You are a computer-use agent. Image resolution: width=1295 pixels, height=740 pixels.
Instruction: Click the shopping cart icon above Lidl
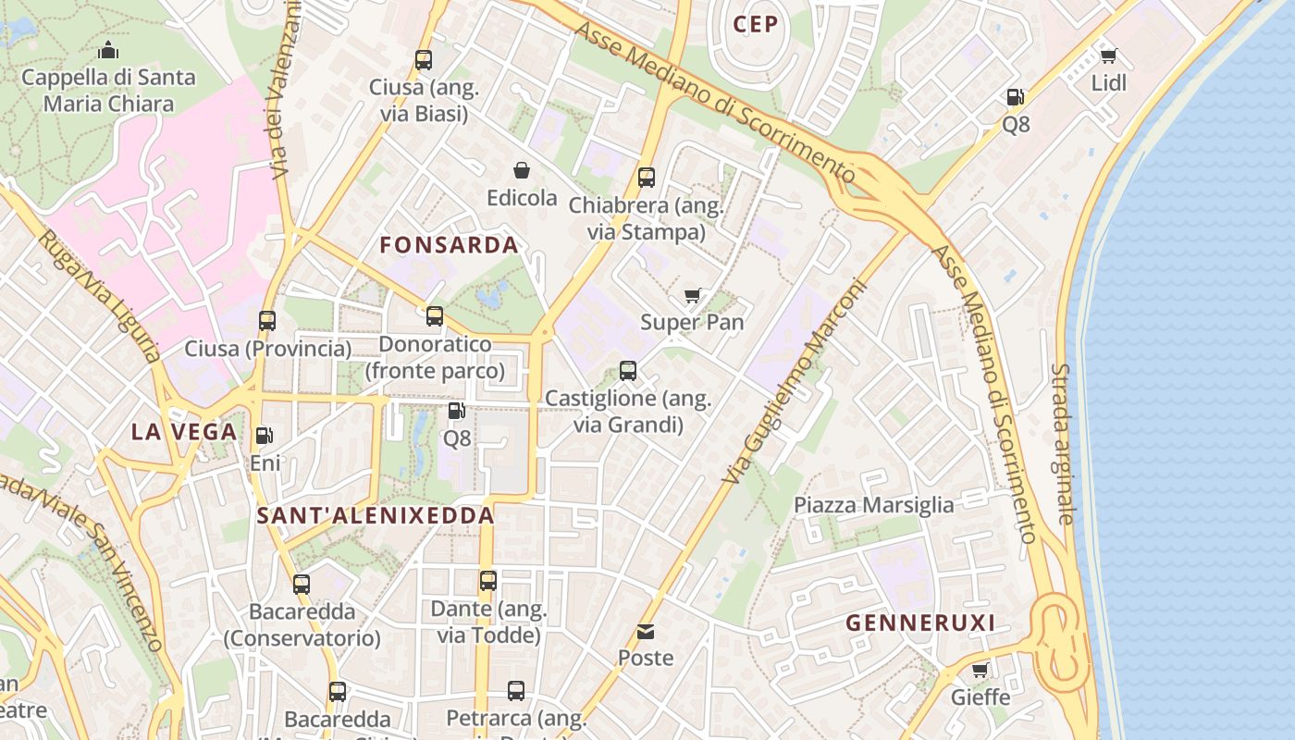click(x=1108, y=55)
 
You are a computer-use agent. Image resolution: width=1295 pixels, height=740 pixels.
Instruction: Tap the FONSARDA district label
click(x=450, y=245)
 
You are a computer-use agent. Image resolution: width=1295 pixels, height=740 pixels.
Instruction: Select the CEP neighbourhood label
click(x=756, y=25)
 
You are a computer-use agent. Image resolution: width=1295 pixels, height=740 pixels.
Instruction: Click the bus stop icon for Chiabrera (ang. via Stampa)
click(x=647, y=177)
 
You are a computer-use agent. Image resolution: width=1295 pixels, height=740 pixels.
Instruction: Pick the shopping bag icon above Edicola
click(x=522, y=170)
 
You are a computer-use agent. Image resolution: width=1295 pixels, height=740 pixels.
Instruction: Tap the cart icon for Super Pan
click(x=693, y=296)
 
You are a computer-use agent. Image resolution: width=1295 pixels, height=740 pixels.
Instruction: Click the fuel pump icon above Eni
click(x=265, y=435)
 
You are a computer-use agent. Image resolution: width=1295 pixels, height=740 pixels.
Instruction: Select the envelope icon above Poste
click(x=646, y=632)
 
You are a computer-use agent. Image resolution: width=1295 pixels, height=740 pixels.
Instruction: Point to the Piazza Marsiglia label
click(x=874, y=505)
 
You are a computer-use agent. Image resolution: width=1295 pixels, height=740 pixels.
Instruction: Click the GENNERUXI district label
click(x=920, y=623)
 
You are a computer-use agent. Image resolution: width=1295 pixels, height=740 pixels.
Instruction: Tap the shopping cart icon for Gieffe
click(x=980, y=670)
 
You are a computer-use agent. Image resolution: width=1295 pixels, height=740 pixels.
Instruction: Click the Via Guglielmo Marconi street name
click(x=795, y=381)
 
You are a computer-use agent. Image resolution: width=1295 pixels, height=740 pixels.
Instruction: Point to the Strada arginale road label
click(x=1063, y=444)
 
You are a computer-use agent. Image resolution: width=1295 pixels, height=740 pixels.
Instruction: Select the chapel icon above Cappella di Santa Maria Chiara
click(x=108, y=50)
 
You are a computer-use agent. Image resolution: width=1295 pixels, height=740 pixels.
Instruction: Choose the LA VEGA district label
click(x=184, y=432)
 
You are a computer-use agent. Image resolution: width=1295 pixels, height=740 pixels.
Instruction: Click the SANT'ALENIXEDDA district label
click(x=376, y=516)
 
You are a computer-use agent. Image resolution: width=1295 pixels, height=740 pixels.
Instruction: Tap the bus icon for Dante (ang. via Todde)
click(x=488, y=581)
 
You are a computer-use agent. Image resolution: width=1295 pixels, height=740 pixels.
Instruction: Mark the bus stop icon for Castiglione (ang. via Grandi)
click(x=628, y=371)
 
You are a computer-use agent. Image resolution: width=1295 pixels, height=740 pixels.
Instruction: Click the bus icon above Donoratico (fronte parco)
click(x=435, y=316)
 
